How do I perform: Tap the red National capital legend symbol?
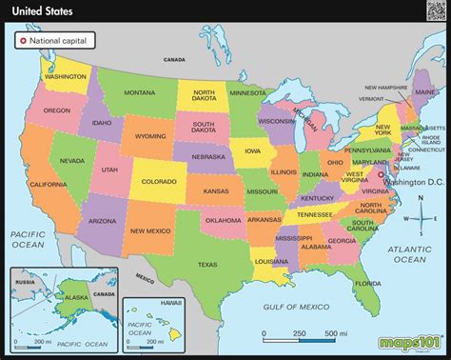22,41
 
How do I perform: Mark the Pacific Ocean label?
29,238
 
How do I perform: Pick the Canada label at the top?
173,59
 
